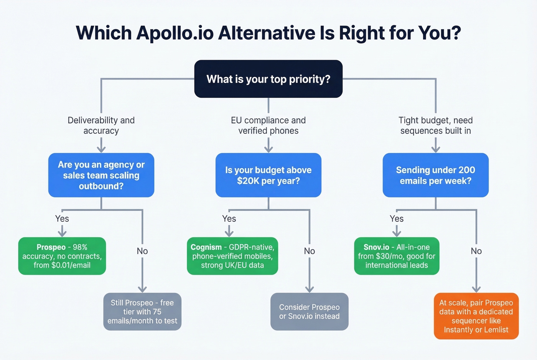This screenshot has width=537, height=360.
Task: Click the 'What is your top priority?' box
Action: click(268, 79)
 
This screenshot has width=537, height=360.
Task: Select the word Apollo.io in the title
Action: click(175, 33)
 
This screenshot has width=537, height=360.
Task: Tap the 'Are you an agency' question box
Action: click(101, 175)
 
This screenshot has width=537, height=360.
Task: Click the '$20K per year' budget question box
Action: click(268, 175)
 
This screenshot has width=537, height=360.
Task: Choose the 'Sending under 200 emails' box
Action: click(435, 175)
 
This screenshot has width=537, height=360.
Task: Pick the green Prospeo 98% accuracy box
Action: click(62, 256)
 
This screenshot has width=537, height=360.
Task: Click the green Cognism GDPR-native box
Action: click(232, 256)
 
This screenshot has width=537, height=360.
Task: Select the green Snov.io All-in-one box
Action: click(397, 256)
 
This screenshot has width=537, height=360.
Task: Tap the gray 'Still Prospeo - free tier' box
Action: click(142, 312)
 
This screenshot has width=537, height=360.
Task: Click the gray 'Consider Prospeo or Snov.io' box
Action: click(309, 312)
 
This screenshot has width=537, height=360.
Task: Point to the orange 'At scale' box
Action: click(476, 316)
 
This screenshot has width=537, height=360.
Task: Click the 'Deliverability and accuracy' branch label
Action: click(101, 125)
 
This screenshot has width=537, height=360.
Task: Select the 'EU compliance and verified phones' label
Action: click(268, 125)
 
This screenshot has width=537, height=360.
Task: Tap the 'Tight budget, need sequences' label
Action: click(435, 125)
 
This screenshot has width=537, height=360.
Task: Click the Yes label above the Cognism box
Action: click(229, 219)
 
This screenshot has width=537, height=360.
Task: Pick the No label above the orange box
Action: click(476, 251)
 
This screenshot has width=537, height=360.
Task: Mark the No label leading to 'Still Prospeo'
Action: click(142, 251)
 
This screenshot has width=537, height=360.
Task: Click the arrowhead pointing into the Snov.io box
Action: click(397, 233)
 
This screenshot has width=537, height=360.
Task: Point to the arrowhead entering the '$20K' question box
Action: click(268, 149)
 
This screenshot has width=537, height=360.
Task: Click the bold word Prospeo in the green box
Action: click(51, 247)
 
